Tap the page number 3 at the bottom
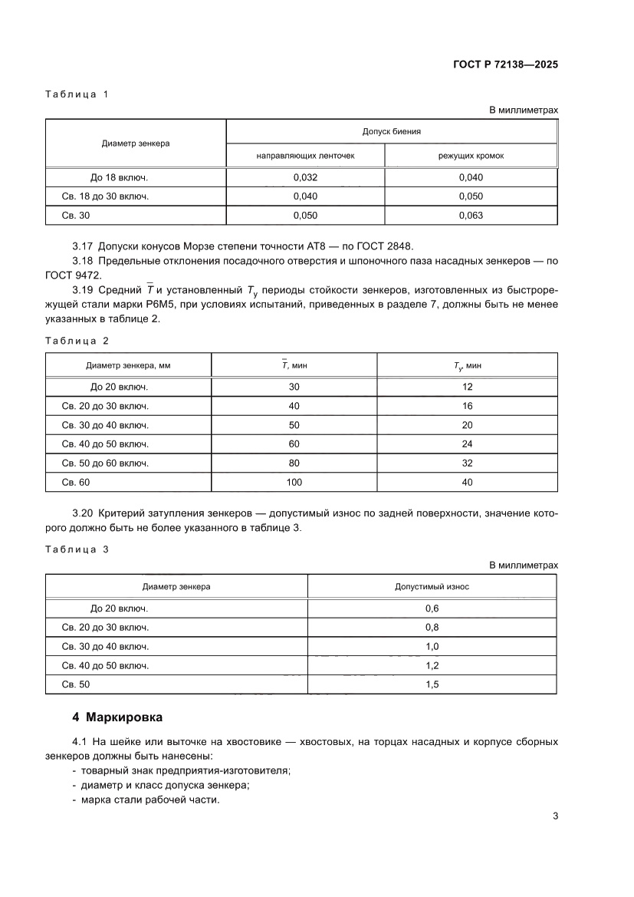coord(554,816)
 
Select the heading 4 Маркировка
coord(117,718)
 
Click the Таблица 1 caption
coord(77,94)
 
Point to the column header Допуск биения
coord(392,131)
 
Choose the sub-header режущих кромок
coord(471,156)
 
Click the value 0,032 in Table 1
coord(305,177)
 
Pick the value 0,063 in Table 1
coord(471,216)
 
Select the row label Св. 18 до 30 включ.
coord(105,196)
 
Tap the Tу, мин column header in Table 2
coord(468,366)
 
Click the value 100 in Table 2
coord(294,482)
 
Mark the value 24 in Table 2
coord(468,444)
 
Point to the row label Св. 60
coord(74,482)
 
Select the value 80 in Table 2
coord(294,463)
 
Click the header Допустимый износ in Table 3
coord(432,586)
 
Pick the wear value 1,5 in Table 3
coord(432,684)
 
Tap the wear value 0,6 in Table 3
coord(432,608)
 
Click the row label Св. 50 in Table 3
coord(74,684)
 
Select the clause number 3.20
coord(81,513)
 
